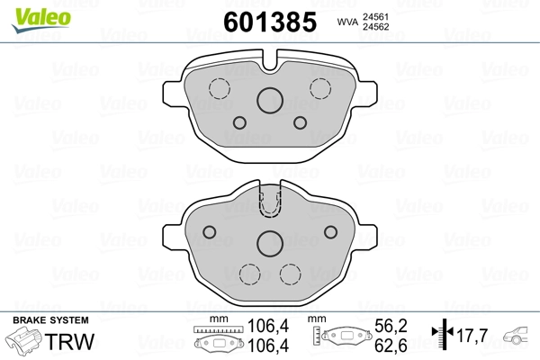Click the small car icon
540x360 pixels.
pyautogui.click(x=519, y=336)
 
